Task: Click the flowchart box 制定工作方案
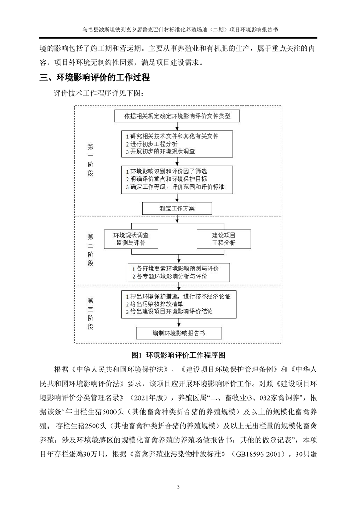[178, 208]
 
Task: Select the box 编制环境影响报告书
[178, 333]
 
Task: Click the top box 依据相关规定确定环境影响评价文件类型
[178, 116]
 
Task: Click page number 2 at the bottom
[178, 487]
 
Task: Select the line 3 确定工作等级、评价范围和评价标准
[177, 187]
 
